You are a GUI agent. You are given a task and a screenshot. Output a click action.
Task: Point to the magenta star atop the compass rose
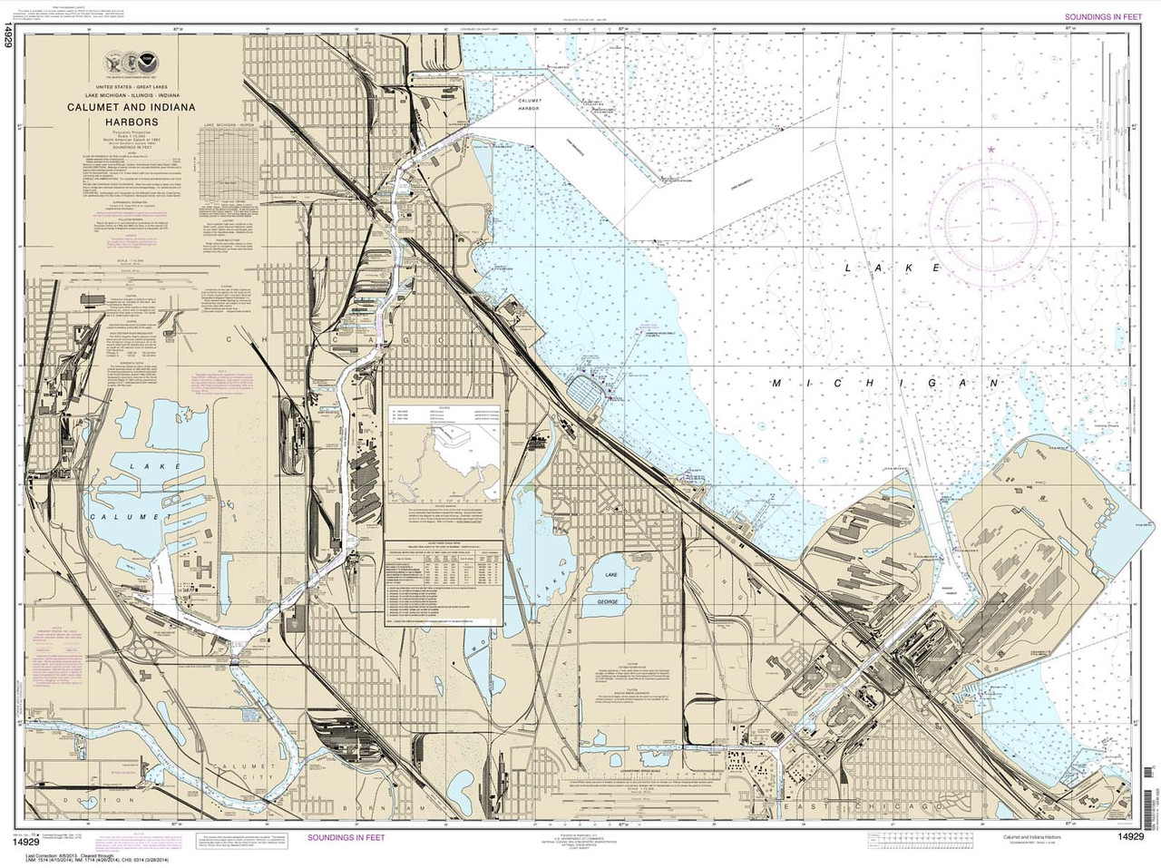click(991, 149)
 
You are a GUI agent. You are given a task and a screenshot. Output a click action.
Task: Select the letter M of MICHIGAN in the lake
click(776, 385)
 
